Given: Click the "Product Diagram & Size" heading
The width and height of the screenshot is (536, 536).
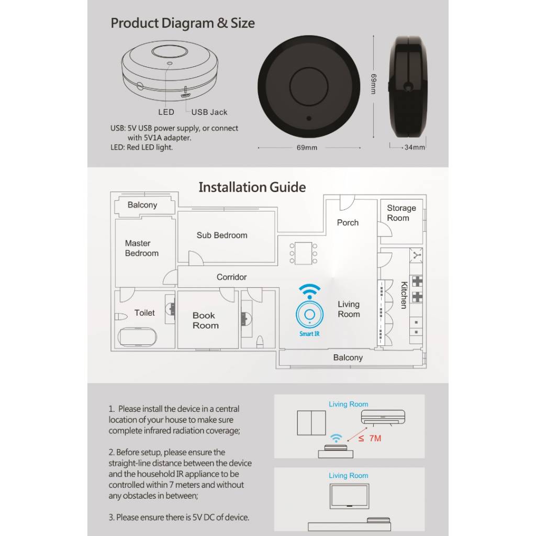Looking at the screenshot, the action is pos(183,23).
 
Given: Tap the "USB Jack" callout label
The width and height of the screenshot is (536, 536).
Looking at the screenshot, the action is pos(209,112).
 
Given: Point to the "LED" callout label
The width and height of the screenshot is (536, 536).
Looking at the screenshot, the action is pos(166,112).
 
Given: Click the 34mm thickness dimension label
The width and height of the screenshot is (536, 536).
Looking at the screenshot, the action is pos(415,147).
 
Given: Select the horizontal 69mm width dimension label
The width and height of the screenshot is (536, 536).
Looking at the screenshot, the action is pos(307,148).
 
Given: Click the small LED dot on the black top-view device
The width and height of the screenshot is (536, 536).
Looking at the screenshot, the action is pos(309,118).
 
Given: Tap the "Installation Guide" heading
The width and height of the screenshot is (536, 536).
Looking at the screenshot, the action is pos(252,187).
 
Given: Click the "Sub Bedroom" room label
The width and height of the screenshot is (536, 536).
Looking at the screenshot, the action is pos(222,235).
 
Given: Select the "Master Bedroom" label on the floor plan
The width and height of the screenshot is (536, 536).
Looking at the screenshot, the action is pos(141,248).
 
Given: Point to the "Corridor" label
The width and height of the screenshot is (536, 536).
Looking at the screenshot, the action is pos(231,277).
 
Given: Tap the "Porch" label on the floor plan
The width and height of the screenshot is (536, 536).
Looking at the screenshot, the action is pos(348,222).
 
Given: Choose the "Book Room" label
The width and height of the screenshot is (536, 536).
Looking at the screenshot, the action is pos(205,320).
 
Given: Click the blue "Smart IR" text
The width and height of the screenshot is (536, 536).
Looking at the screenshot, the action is pos(309,333).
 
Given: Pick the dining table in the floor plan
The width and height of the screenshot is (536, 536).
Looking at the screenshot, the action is pos(303,253).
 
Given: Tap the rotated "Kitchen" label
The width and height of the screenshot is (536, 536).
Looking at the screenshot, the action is pos(404,295).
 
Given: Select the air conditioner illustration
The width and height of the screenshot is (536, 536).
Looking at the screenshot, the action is pos(383,417).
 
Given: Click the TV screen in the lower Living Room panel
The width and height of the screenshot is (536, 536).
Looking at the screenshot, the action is pos(349,496).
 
